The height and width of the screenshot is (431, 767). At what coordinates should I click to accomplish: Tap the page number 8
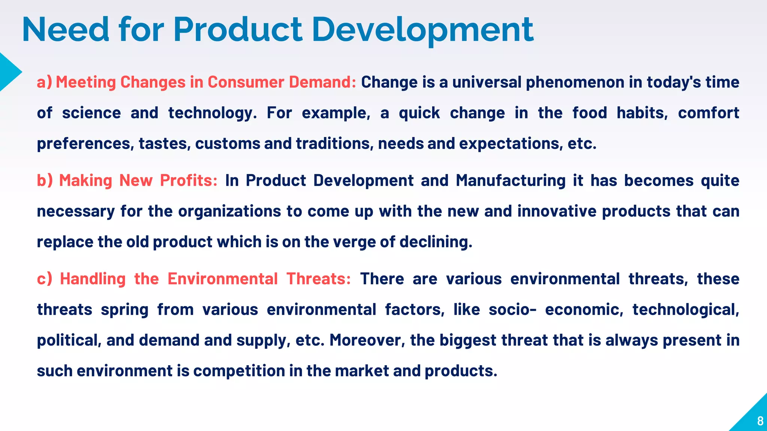pos(760,421)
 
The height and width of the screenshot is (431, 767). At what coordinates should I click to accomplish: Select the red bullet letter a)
pos(44,82)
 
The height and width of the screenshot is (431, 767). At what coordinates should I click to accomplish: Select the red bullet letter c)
pos(44,279)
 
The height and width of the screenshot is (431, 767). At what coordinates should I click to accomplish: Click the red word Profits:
pos(188,181)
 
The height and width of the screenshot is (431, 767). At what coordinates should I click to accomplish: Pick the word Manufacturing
pos(510,181)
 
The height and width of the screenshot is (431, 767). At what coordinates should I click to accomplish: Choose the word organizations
pos(229,211)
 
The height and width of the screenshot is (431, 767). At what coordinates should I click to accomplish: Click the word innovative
pos(557,211)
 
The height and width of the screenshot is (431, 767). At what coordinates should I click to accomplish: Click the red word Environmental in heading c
pos(222,279)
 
